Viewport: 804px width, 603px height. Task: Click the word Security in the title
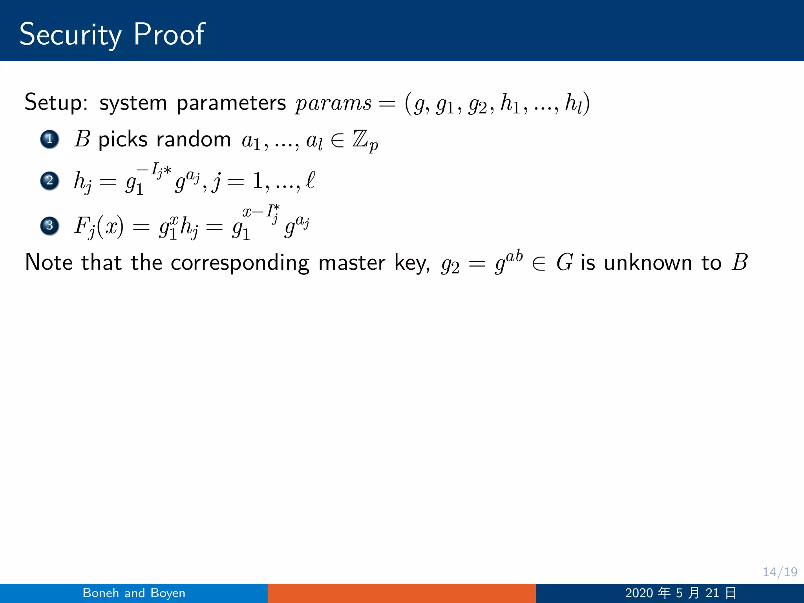point(70,35)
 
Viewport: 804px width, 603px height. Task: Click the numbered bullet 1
point(49,139)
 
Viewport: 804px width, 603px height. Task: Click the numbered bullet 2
point(49,181)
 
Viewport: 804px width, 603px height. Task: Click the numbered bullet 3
point(49,226)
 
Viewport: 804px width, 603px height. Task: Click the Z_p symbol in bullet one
point(365,141)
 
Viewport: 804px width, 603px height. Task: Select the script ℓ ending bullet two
point(310,180)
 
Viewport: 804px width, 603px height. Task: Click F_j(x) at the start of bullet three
point(99,227)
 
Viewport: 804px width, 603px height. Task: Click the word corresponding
point(240,263)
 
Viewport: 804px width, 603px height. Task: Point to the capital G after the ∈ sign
point(565,262)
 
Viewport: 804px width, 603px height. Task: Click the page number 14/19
point(780,572)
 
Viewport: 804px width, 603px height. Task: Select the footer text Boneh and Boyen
point(134,593)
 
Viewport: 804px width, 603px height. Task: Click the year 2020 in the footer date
point(639,593)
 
